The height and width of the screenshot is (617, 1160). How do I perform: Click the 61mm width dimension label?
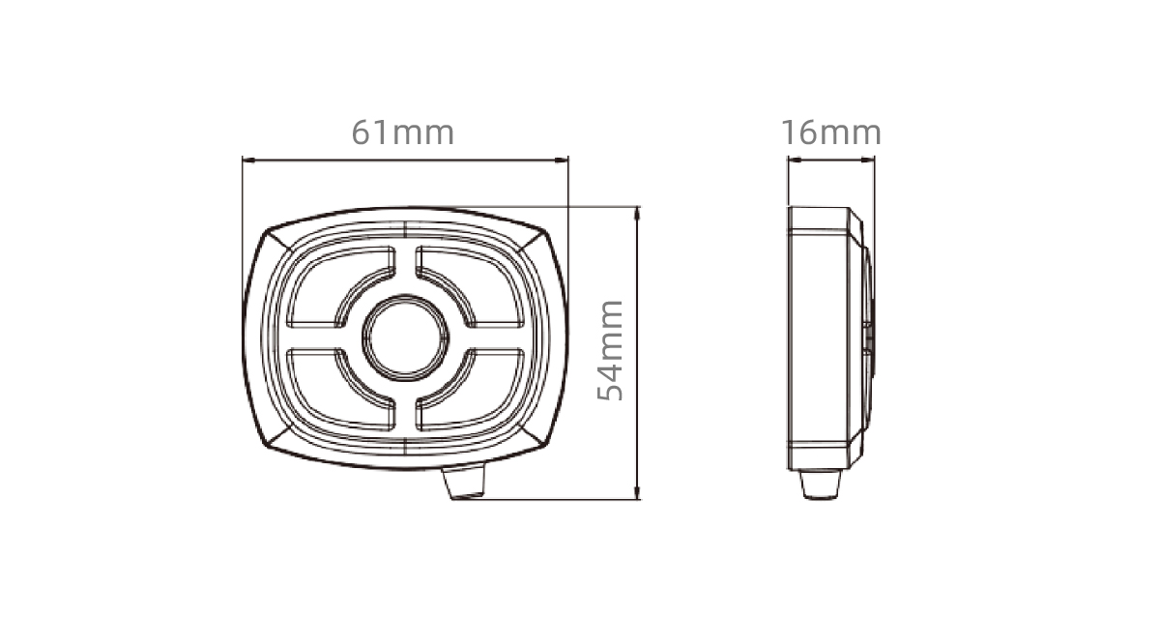coord(403,133)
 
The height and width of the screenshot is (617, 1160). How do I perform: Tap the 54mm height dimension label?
coord(610,350)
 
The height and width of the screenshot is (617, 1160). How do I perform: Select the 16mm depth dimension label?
coord(830,132)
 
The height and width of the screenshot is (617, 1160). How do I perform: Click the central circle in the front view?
coord(405,338)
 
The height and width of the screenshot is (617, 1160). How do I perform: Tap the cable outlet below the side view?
coord(820,485)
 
